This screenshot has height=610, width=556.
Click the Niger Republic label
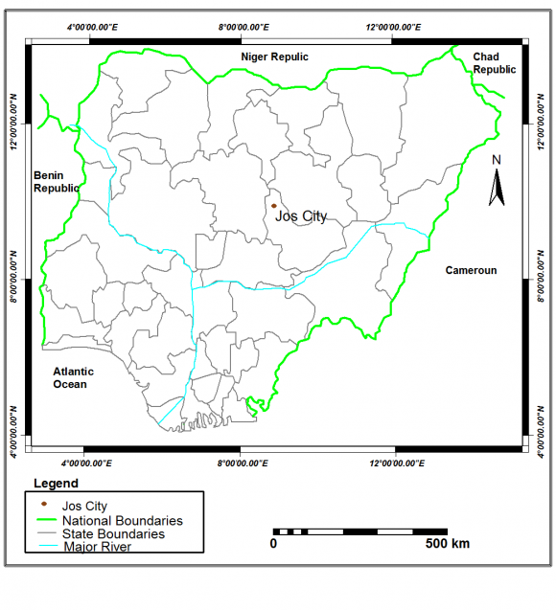tap(275, 57)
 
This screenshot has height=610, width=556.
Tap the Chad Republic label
tap(495, 63)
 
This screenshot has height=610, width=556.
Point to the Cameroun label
tap(471, 271)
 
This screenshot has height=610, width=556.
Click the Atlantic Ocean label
tap(70, 378)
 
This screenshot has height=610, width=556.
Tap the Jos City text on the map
tap(300, 216)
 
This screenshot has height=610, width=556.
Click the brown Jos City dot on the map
tap(273, 205)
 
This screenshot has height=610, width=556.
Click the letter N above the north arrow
tap(496, 160)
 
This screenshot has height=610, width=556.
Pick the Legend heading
tap(56, 484)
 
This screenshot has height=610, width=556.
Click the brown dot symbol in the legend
tap(43, 504)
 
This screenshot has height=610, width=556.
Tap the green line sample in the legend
tap(43, 521)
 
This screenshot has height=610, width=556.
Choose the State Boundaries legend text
tap(113, 533)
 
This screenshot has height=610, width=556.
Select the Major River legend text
tap(97, 547)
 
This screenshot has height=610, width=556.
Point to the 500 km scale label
tap(447, 544)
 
